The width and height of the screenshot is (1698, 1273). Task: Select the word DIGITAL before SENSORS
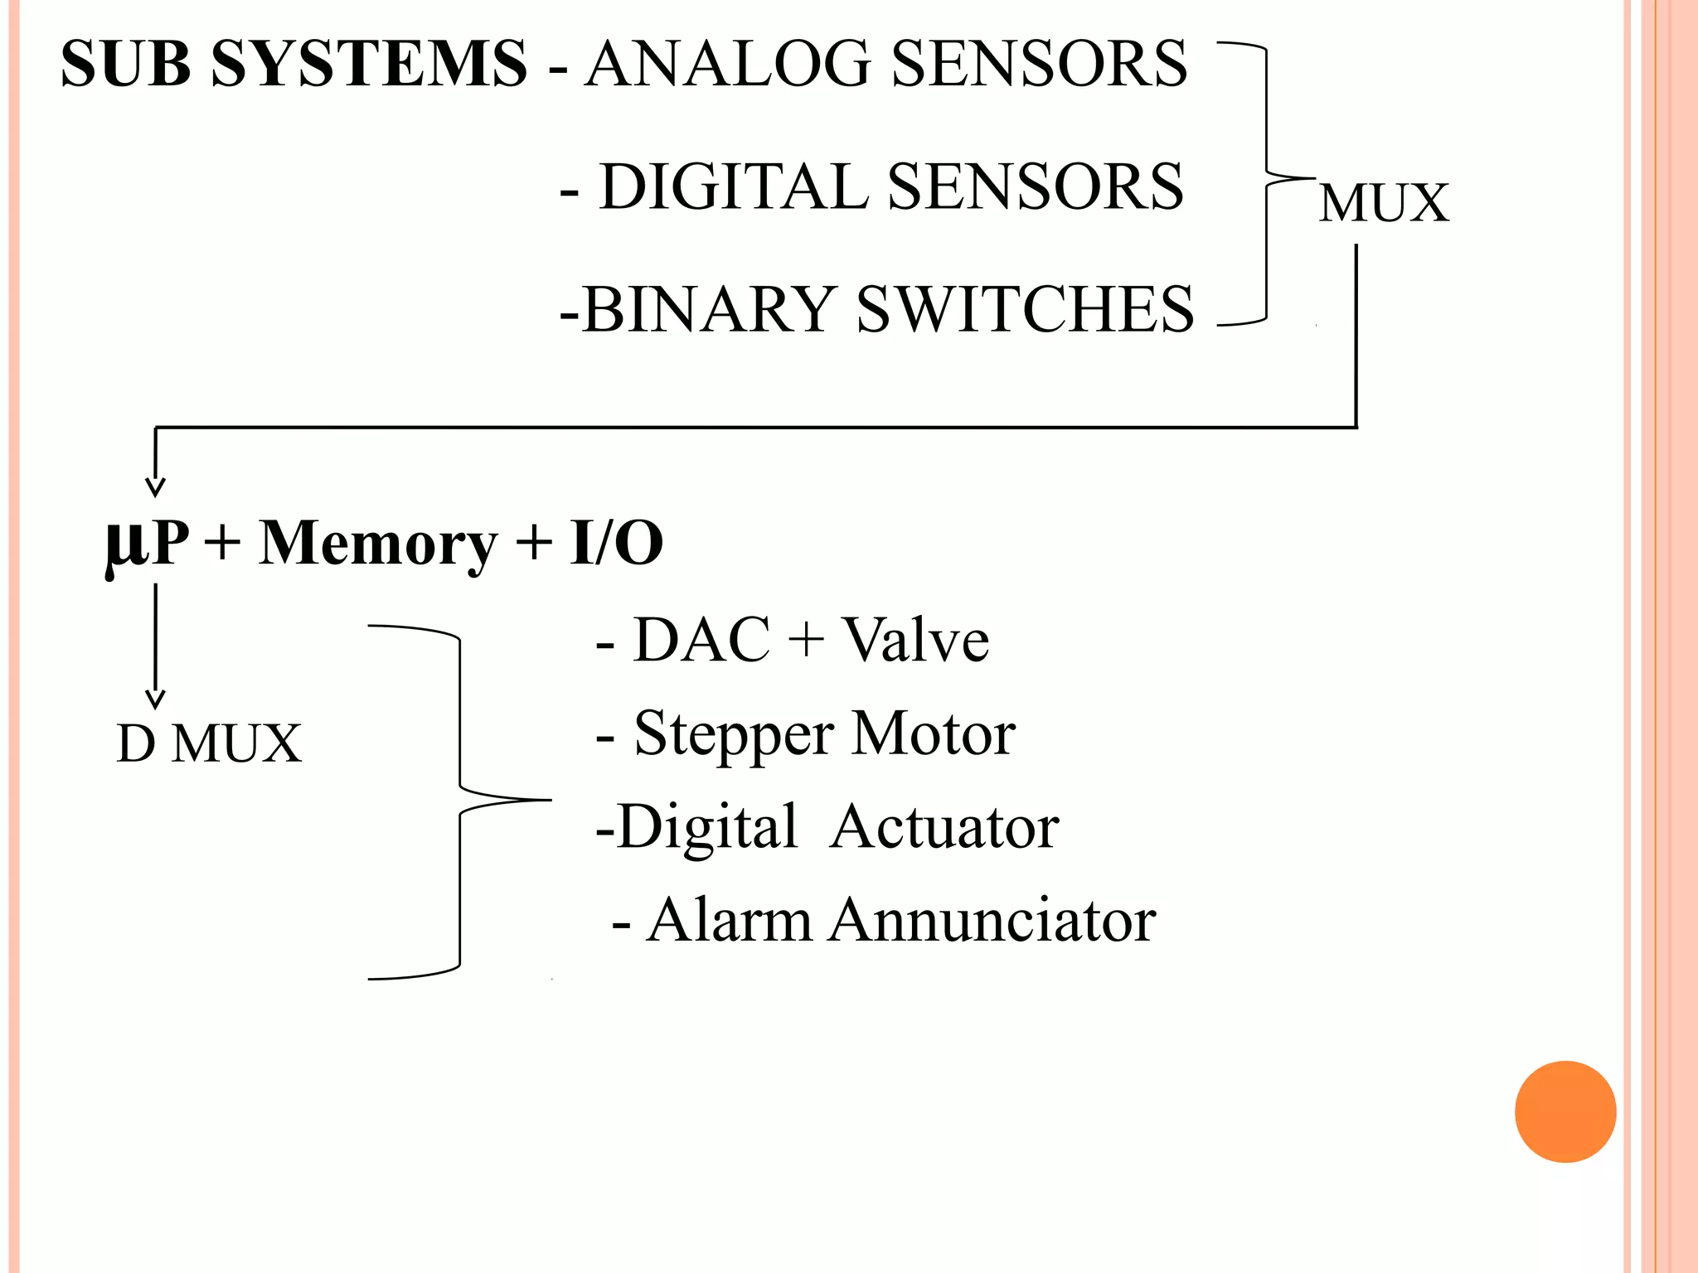[x=733, y=186]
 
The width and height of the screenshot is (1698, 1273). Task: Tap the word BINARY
[x=708, y=309]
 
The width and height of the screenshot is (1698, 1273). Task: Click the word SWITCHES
[x=1024, y=309]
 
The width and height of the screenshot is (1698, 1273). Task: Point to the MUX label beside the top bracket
[x=1383, y=203]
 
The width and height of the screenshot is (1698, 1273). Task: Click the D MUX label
[x=209, y=743]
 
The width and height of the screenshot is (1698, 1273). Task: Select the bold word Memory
[x=377, y=544]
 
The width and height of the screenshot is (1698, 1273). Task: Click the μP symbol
[x=147, y=544]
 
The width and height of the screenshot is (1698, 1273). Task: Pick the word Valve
[x=915, y=640]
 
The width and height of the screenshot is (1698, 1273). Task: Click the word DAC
[x=701, y=640]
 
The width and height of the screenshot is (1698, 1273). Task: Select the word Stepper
[x=734, y=734]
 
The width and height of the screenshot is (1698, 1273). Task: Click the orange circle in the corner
[x=1565, y=1111]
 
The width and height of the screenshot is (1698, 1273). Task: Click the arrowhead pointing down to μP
[x=155, y=486]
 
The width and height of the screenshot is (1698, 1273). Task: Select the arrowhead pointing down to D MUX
[x=155, y=699]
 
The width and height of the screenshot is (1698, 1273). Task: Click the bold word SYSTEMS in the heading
[x=369, y=64]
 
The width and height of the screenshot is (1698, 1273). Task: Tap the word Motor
[x=933, y=734]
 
